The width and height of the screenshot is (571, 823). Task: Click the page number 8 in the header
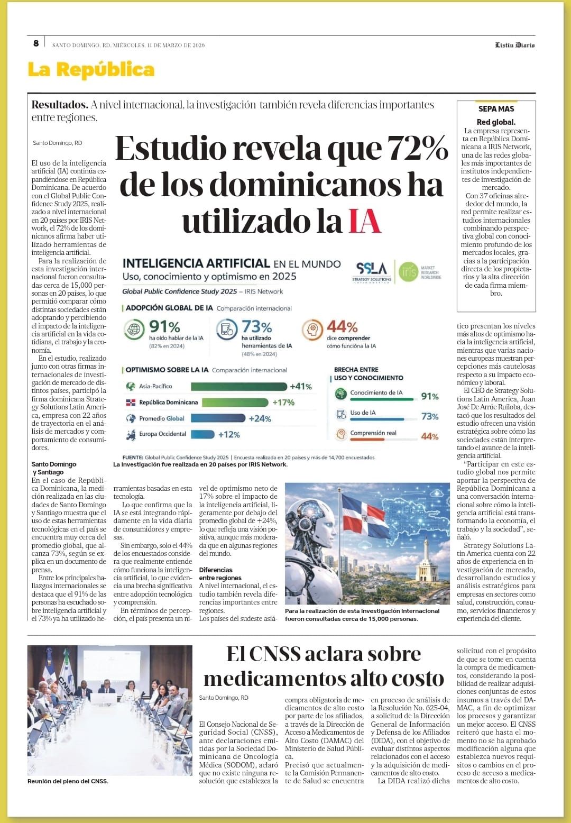click(x=36, y=43)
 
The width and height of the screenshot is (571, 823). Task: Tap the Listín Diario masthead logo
click(x=514, y=45)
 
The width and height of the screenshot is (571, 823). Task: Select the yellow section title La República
click(x=91, y=70)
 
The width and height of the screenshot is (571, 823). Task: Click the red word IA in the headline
click(x=365, y=221)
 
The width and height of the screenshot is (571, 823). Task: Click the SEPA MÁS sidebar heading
click(x=496, y=109)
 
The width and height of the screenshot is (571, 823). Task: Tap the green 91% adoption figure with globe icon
click(x=164, y=327)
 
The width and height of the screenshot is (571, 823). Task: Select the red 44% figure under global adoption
click(x=342, y=326)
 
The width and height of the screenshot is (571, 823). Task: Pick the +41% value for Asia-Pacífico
click(x=301, y=387)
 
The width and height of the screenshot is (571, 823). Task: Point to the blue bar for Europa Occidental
click(x=202, y=434)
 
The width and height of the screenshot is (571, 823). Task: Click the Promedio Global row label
click(x=161, y=418)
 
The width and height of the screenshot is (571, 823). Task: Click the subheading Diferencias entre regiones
click(x=220, y=574)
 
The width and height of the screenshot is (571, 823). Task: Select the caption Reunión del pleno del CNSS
click(x=68, y=781)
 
